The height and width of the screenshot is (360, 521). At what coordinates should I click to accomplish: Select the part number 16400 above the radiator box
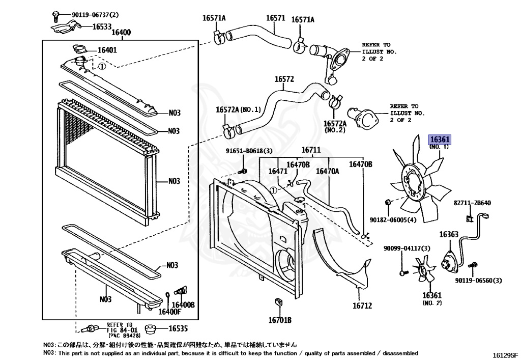121,33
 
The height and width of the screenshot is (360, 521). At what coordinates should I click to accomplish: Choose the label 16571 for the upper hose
276,18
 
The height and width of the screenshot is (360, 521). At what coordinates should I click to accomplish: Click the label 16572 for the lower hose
284,79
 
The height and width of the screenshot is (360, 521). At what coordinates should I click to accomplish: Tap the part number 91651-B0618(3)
249,151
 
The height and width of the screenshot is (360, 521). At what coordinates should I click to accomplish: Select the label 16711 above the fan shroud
311,150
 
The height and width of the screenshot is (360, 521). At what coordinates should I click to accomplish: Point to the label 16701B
280,320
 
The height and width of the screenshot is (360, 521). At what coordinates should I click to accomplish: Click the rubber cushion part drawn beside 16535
151,328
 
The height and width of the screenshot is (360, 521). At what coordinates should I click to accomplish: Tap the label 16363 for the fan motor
449,234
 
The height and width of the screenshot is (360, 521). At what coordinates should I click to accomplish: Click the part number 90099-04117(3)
407,248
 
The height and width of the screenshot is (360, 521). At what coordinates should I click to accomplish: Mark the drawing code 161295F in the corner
505,355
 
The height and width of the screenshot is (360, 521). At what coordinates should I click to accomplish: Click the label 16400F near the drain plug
169,312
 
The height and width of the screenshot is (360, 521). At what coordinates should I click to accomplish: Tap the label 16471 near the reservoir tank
278,172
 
